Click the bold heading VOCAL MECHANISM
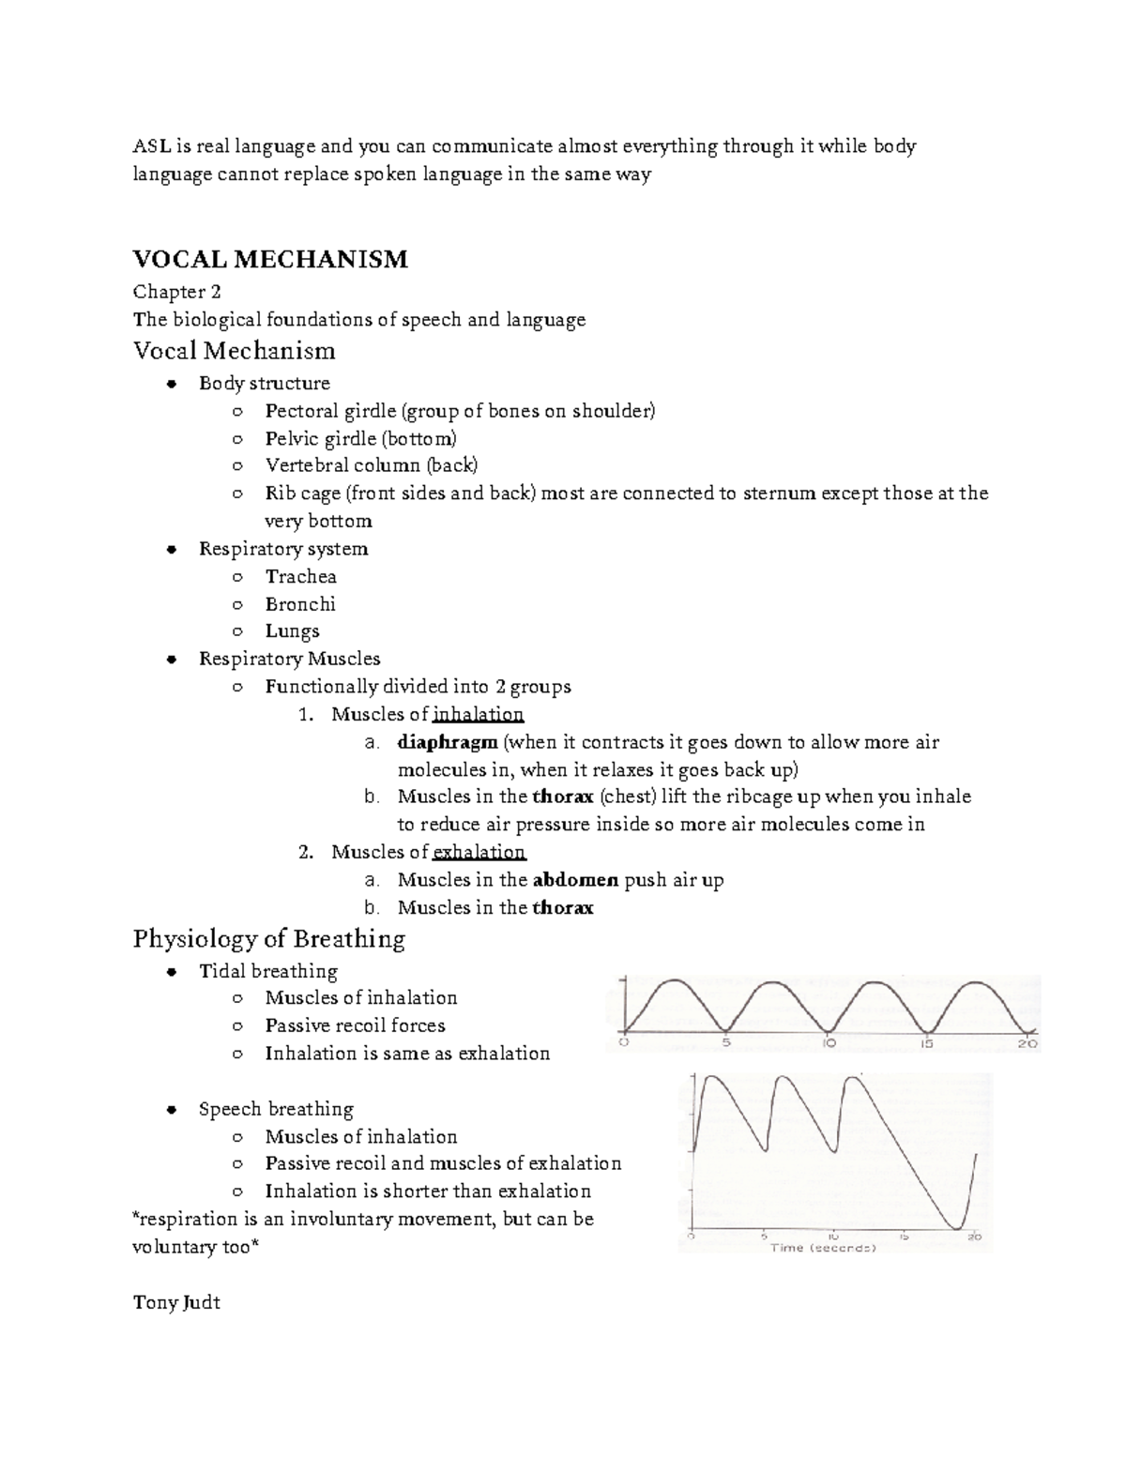pyautogui.click(x=270, y=259)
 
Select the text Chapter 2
pyautogui.click(x=176, y=292)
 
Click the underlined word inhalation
pyautogui.click(x=478, y=715)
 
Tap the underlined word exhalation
pyautogui.click(x=479, y=853)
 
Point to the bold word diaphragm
pyautogui.click(x=448, y=742)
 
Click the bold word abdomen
pyautogui.click(x=575, y=880)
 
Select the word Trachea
pyautogui.click(x=300, y=577)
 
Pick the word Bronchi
pyautogui.click(x=300, y=604)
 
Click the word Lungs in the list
pyautogui.click(x=292, y=631)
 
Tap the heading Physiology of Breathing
pyautogui.click(x=269, y=939)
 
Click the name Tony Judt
pyautogui.click(x=176, y=1302)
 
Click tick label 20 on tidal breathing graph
pyautogui.click(x=1027, y=1043)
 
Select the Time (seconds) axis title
pyautogui.click(x=823, y=1248)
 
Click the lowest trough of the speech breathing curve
pyautogui.click(x=955, y=1225)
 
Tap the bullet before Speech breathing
pyautogui.click(x=171, y=1110)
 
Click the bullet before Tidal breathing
pyautogui.click(x=171, y=972)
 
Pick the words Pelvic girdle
pyautogui.click(x=318, y=439)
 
